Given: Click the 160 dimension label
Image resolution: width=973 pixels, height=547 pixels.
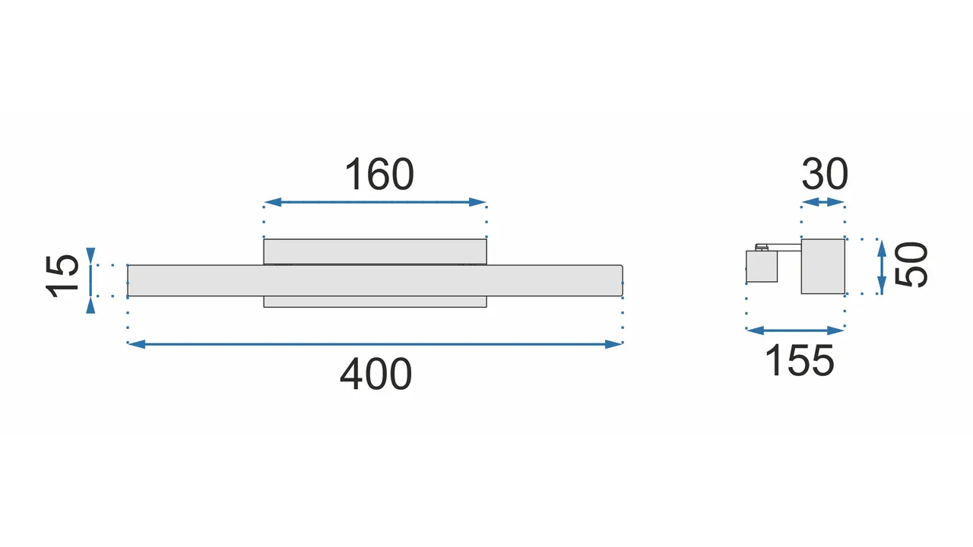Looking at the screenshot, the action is coord(379,174).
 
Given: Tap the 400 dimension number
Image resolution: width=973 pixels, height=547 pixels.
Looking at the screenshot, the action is coord(376,374).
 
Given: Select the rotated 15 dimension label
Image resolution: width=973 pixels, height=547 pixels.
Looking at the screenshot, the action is coord(62,276).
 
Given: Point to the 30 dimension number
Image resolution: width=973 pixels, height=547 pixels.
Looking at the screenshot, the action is coord(825,174).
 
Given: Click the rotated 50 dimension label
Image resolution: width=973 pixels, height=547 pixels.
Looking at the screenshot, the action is coord(911,264).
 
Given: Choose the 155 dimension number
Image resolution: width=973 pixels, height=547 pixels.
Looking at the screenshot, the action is coord(799,360).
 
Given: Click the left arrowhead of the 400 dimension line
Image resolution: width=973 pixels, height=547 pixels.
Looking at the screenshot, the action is coord(136,344).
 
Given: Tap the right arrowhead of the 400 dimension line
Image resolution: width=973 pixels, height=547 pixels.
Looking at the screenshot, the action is coord(613,344).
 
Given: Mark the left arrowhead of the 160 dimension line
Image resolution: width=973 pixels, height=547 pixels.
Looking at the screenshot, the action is coord(273,202).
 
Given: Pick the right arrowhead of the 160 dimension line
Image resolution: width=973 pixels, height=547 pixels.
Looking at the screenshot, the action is coord(477,202).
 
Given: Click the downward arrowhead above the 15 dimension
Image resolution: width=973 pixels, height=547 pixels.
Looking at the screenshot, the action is coord(90,256).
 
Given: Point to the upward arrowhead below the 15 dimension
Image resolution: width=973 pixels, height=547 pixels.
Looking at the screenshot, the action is coord(90,305).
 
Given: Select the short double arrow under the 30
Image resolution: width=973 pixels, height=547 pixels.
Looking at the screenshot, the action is coord(822,202).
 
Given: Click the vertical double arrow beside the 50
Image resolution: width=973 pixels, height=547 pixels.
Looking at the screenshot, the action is coord(881,267).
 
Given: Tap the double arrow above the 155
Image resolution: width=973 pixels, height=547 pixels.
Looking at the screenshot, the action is coord(795,330).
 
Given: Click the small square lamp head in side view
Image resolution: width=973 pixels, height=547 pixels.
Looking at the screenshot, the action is coord(762,266).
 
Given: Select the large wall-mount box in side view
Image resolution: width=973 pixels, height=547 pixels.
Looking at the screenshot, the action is coord(823,266).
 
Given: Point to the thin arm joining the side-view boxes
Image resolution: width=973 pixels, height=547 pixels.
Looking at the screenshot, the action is coord(784,248).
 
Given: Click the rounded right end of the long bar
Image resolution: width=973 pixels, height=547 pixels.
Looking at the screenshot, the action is coord(622,280).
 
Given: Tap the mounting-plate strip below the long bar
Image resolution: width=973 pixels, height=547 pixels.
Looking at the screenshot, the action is coord(375,302).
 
